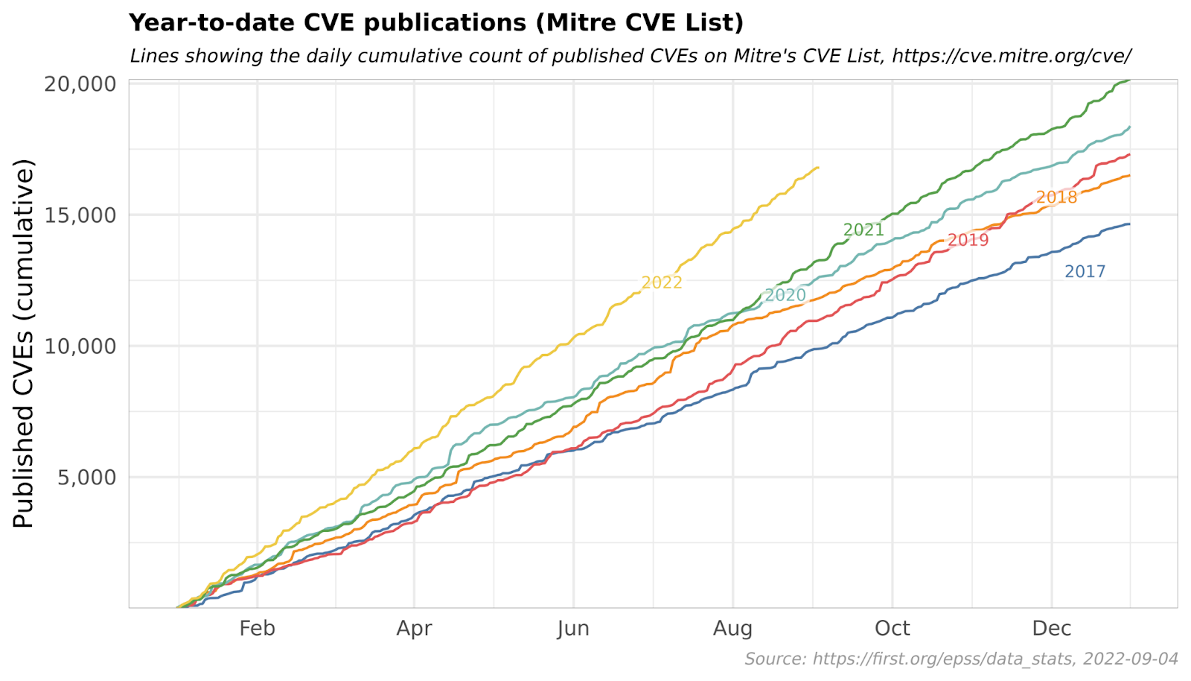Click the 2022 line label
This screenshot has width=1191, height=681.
pos(662,282)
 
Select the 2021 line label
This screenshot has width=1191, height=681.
pos(863,229)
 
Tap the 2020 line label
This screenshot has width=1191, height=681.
pos(785,295)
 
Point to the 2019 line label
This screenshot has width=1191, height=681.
pos(968,240)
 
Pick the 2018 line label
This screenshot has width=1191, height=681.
pos(1056,197)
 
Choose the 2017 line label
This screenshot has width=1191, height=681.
pos(1085,272)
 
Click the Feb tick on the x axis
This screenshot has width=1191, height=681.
pos(257,629)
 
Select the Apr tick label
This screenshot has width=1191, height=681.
pos(414,629)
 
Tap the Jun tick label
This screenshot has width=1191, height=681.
pos(573,629)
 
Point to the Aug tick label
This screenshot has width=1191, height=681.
pos(732,629)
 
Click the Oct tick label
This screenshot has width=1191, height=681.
pos(892,629)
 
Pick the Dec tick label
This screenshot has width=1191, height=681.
pos(1051,629)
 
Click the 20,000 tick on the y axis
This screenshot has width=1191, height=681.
pos(80,84)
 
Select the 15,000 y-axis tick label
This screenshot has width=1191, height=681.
pos(80,215)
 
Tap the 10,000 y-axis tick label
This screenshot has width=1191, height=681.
pos(80,346)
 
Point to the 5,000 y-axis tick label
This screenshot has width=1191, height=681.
pos(87,478)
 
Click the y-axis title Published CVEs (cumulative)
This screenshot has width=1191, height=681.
pos(24,343)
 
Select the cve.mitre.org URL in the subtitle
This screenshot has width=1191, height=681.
pos(1012,56)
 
